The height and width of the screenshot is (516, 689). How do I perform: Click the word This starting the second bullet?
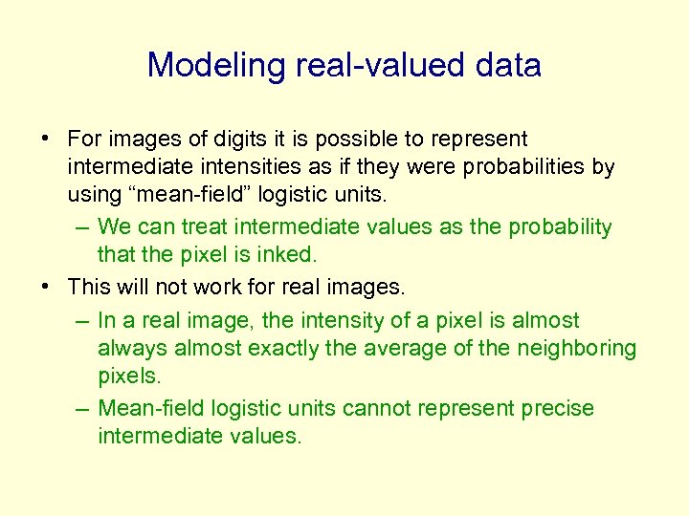pos(90,286)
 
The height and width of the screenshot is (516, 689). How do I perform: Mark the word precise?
pos(557,409)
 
